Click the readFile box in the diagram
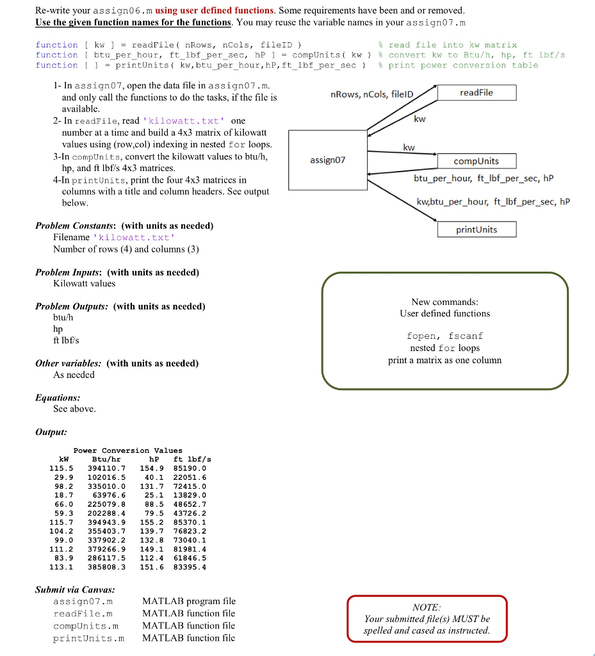pyautogui.click(x=477, y=93)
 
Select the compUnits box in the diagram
pyautogui.click(x=476, y=161)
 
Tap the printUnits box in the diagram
pyautogui.click(x=477, y=229)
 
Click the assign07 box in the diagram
pyautogui.click(x=327, y=160)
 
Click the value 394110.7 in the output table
pyautogui.click(x=106, y=468)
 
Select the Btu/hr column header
pyautogui.click(x=106, y=459)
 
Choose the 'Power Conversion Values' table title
pyautogui.click(x=128, y=450)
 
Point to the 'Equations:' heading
pyautogui.click(x=58, y=397)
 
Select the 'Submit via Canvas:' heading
pyautogui.click(x=76, y=589)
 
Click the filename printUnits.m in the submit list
pyautogui.click(x=88, y=638)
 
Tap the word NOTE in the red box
pyautogui.click(x=427, y=607)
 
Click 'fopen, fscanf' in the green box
pyautogui.click(x=444, y=336)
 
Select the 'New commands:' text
pyautogui.click(x=444, y=302)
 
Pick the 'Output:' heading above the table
pyautogui.click(x=51, y=432)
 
